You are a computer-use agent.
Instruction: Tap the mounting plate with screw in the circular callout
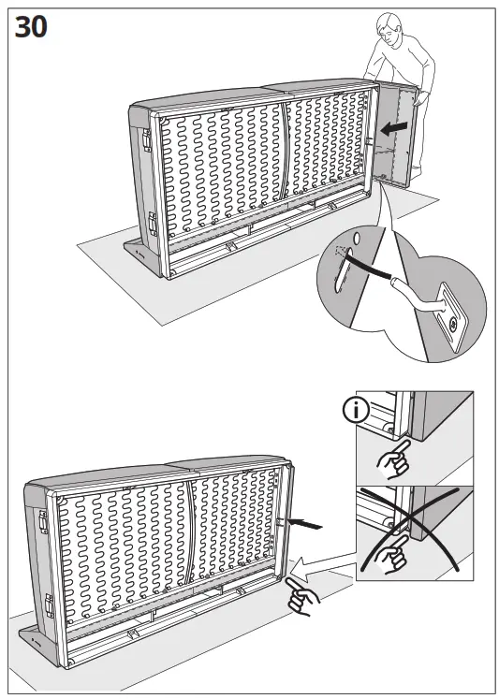coord(448,321)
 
